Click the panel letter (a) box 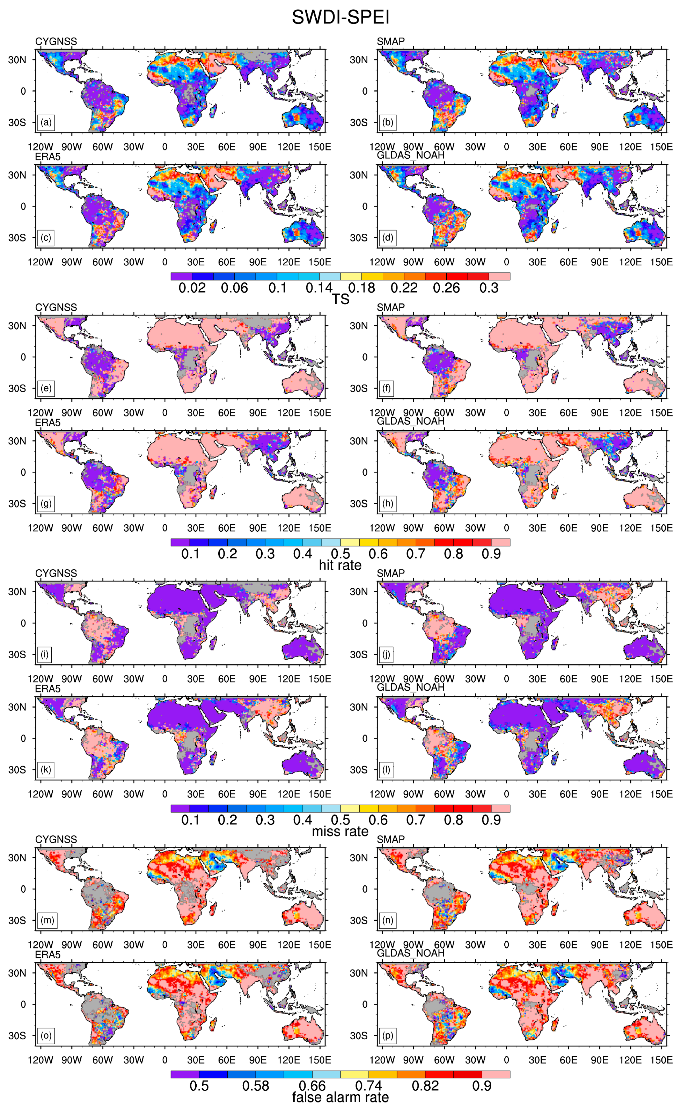click(x=46, y=122)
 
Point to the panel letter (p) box click(x=388, y=1035)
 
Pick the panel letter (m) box click(x=47, y=920)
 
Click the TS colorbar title click(x=340, y=299)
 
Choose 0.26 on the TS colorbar click(x=446, y=288)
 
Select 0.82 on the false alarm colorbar click(x=425, y=1086)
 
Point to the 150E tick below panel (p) click(x=661, y=1059)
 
